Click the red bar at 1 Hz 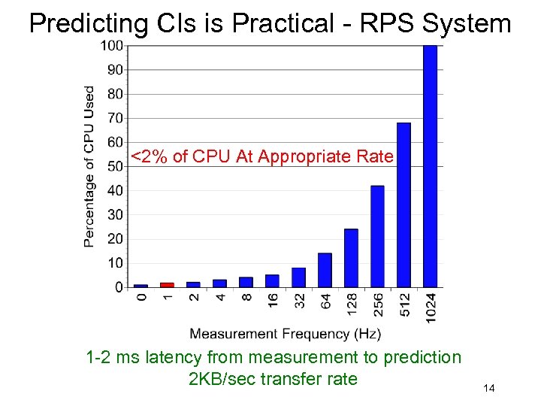[167, 285]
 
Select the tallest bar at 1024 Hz [430, 166]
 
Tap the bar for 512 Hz [403, 205]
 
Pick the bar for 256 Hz [377, 236]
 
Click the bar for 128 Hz [351, 258]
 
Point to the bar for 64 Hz [325, 270]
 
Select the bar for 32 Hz [298, 277]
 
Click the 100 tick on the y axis [111, 46]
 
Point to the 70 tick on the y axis [114, 118]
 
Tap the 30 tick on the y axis [114, 215]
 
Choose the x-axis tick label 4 [219, 298]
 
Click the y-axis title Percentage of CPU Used [89, 166]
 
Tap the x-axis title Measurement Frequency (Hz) [285, 333]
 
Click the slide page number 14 [488, 388]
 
